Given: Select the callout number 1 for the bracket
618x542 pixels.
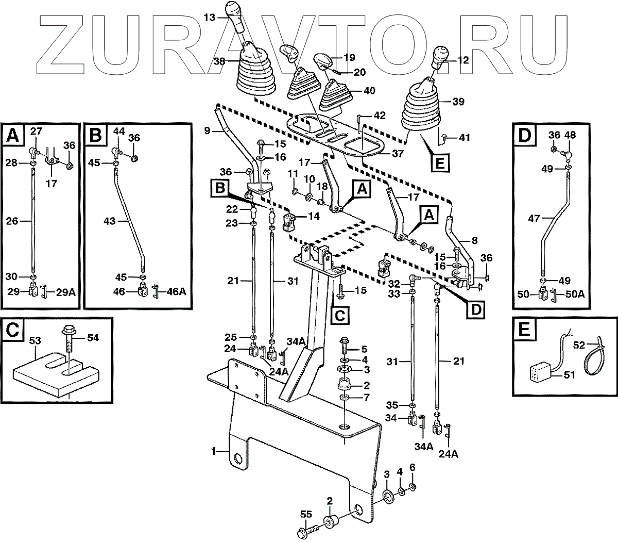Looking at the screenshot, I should tap(213, 451).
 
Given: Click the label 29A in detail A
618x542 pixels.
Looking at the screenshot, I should tap(65, 292).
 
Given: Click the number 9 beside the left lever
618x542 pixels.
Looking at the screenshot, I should tap(208, 132).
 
